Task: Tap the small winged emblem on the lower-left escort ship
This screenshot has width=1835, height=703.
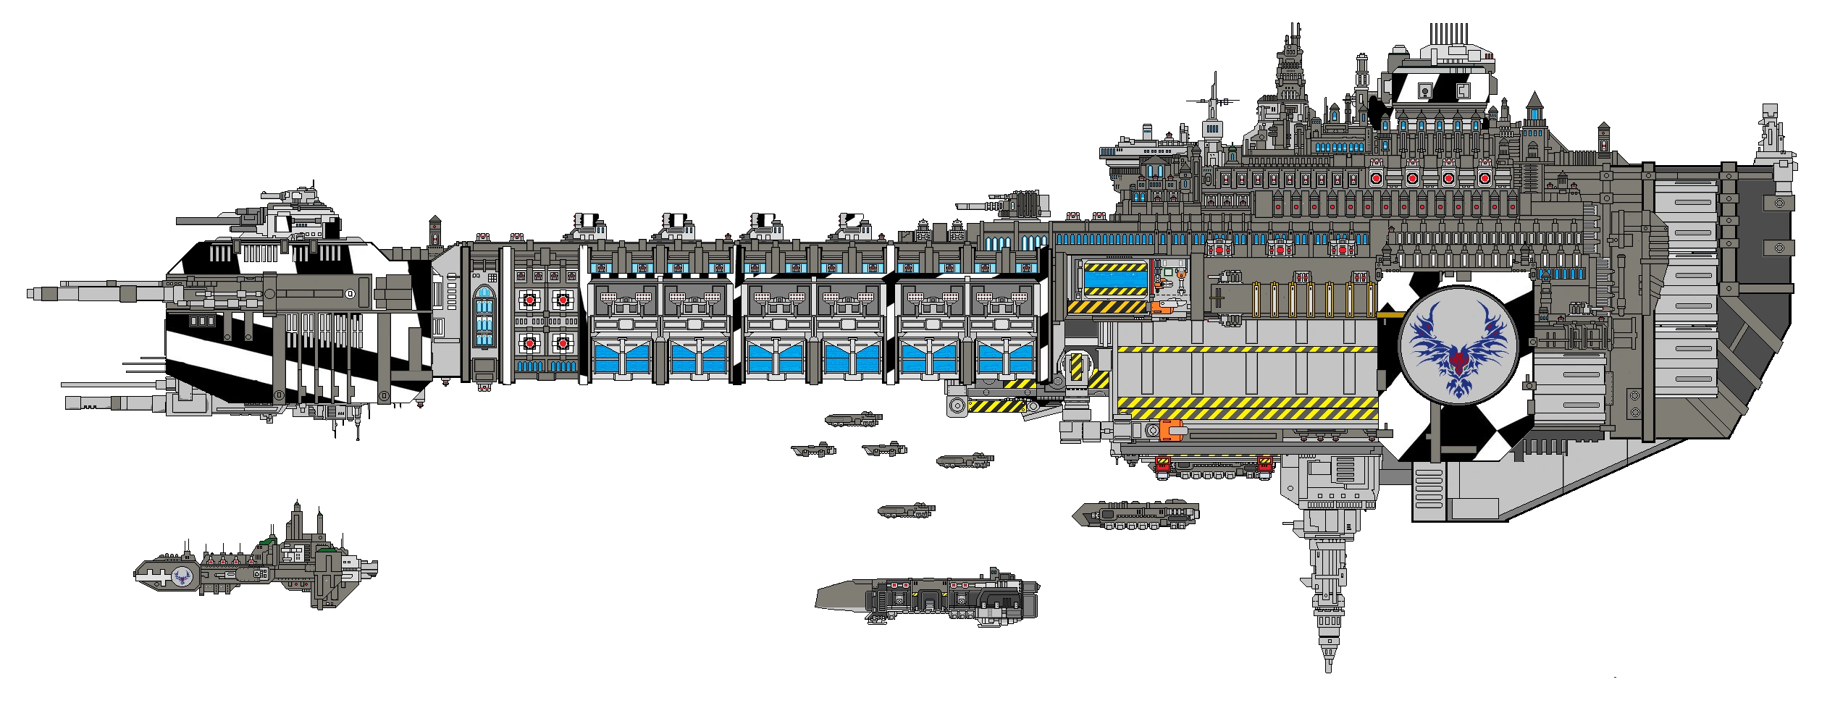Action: click(181, 576)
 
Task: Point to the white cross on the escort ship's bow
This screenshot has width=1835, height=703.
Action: click(154, 576)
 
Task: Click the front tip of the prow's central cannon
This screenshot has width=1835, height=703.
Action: click(29, 293)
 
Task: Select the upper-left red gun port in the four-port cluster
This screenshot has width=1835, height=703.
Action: click(529, 299)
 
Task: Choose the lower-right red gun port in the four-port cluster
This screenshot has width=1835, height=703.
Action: click(563, 342)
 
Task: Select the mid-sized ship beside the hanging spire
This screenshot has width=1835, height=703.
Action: click(1135, 513)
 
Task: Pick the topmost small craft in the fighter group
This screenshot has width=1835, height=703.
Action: click(854, 418)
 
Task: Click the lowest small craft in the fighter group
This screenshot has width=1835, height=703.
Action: click(906, 510)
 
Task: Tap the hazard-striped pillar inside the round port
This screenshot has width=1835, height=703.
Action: click(1077, 369)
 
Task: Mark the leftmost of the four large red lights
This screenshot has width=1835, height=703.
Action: click(1377, 177)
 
